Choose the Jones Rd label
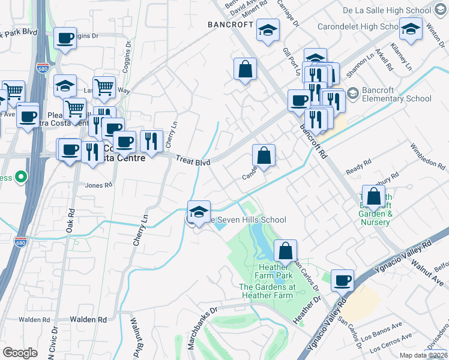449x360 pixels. [x=99, y=185]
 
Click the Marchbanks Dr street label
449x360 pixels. [x=201, y=329]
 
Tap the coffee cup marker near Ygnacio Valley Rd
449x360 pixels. [x=343, y=280]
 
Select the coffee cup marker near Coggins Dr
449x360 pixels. [x=65, y=38]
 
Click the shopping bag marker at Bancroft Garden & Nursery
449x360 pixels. [x=374, y=196]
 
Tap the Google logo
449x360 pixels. [x=20, y=353]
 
